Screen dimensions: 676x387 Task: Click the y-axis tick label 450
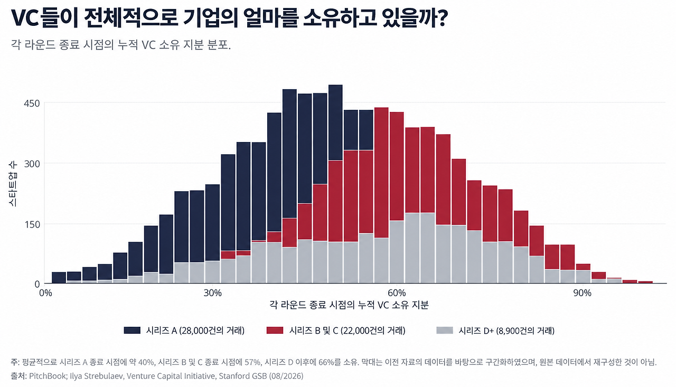tap(32, 103)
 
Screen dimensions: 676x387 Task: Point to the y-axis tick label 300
tap(32, 164)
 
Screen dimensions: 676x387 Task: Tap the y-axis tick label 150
tap(32, 225)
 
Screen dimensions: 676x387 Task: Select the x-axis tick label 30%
tap(212, 293)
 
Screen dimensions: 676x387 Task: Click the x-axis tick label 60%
tap(397, 293)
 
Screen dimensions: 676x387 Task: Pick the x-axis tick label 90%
tap(582, 293)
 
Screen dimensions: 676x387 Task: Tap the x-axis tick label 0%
tap(45, 293)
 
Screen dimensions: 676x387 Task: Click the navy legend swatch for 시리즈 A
tap(132, 331)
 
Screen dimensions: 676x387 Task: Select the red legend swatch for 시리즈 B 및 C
tap(275, 331)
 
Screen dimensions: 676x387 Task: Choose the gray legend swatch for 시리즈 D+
tap(445, 331)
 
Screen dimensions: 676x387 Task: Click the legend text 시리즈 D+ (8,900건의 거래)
tap(506, 331)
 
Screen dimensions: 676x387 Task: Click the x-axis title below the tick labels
tap(349, 305)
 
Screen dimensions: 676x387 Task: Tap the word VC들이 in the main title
tap(44, 18)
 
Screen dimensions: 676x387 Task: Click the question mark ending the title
tap(442, 18)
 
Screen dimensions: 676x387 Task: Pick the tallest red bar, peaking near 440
tap(381, 173)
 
